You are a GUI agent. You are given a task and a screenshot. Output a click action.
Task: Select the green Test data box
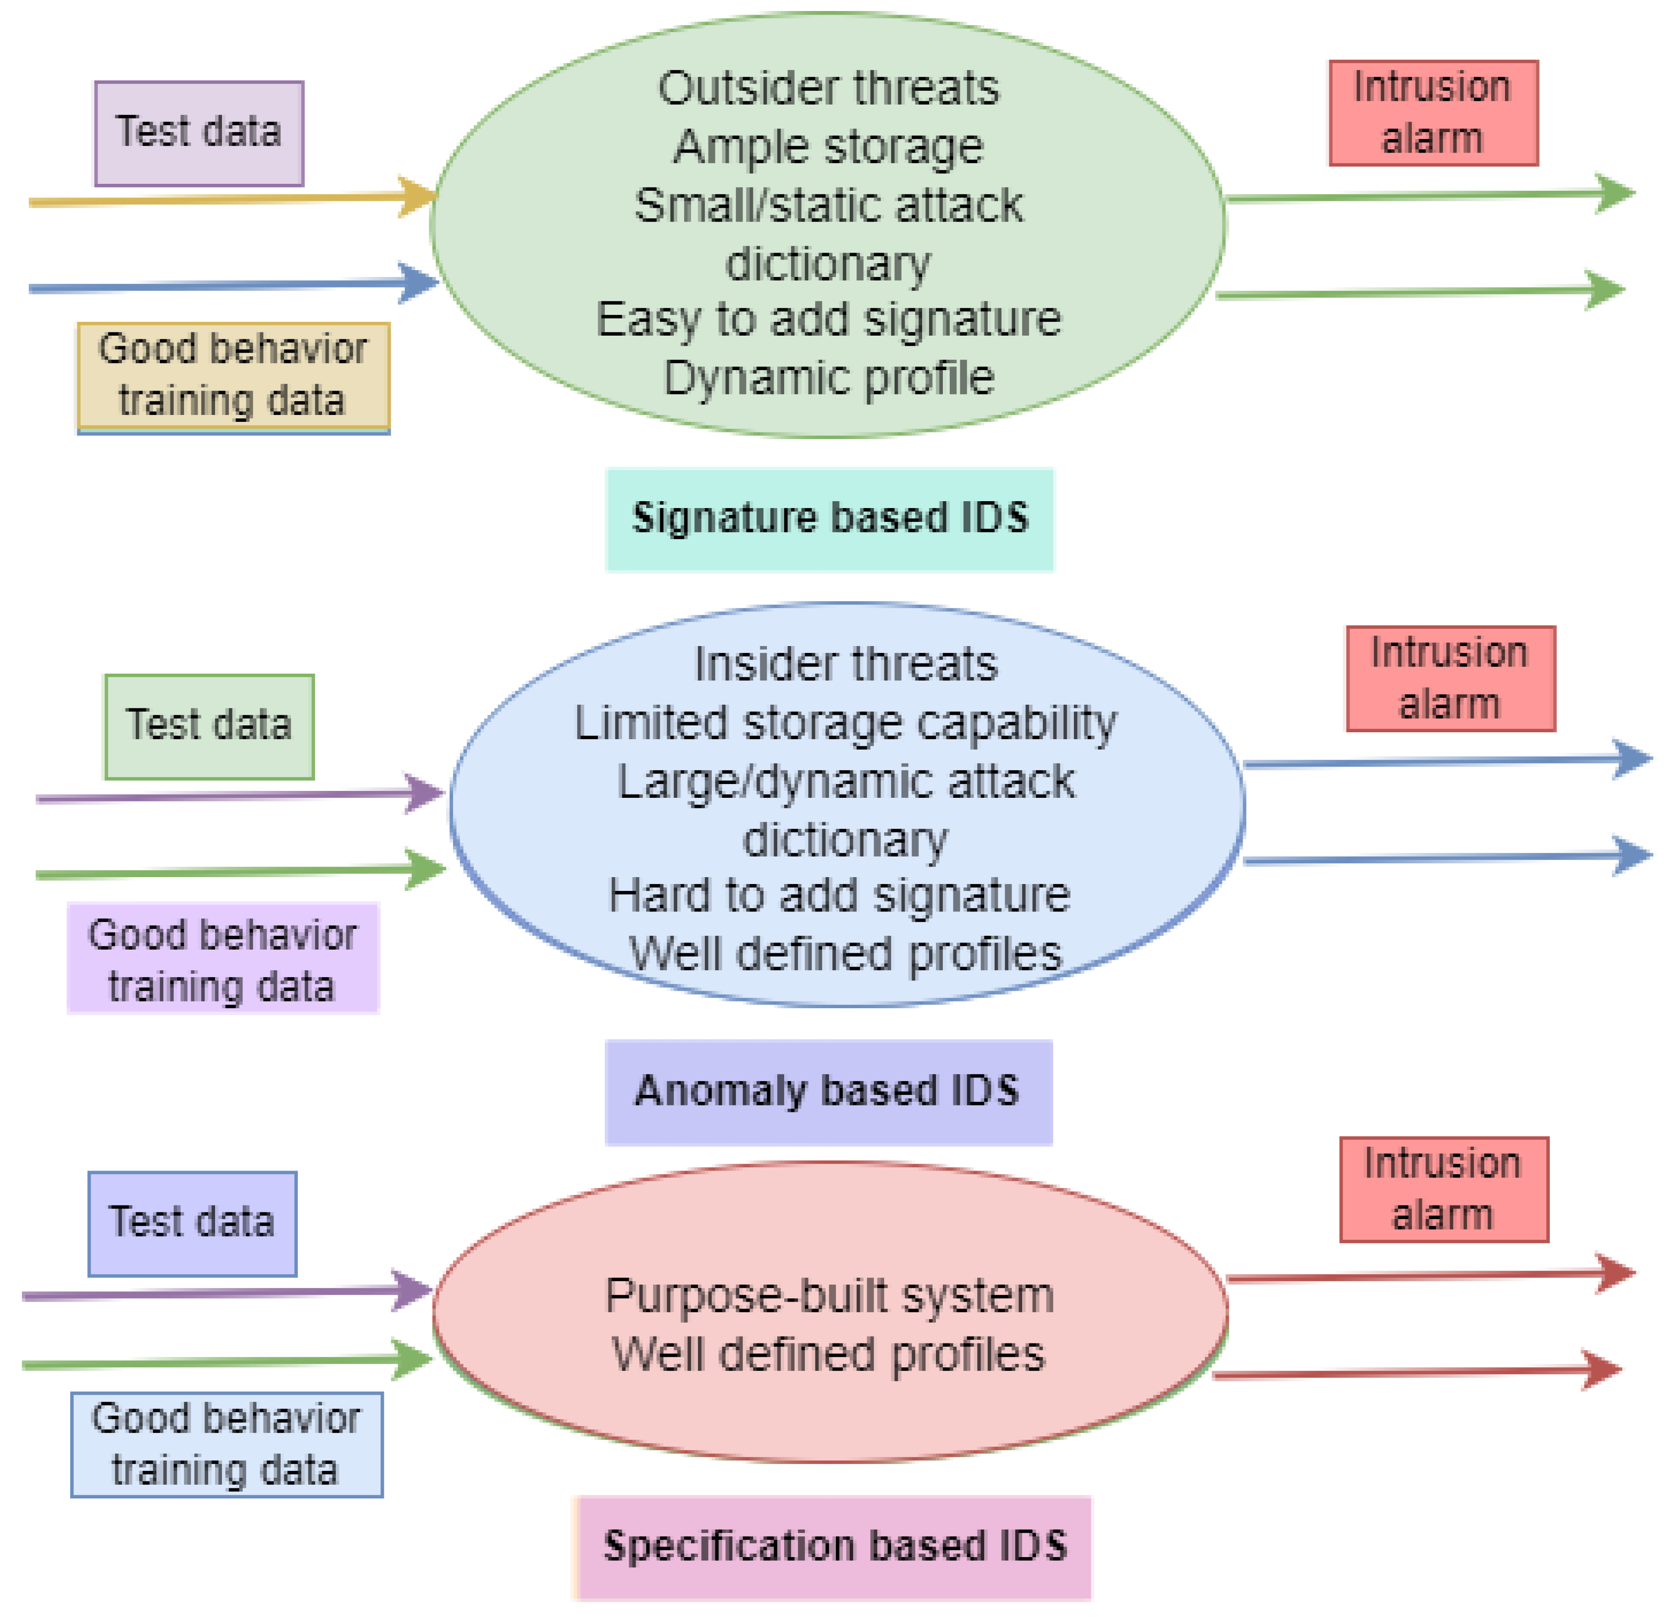pyautogui.click(x=209, y=726)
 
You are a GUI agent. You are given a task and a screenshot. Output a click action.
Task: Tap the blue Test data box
pyautogui.click(x=193, y=1223)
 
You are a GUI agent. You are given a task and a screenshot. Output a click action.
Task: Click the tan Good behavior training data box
pyautogui.click(x=233, y=375)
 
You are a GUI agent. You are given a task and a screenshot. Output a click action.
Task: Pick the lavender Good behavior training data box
pyautogui.click(x=222, y=958)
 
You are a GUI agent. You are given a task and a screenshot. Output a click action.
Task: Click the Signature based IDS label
pyautogui.click(x=830, y=519)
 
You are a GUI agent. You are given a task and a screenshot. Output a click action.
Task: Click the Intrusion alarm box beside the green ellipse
pyautogui.click(x=1433, y=112)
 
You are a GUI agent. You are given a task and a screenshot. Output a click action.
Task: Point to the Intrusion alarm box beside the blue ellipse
pyautogui.click(x=1450, y=679)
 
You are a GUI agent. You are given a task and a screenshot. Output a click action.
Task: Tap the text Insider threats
pyautogui.click(x=845, y=664)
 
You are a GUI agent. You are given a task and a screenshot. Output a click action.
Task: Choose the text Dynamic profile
pyautogui.click(x=829, y=378)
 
